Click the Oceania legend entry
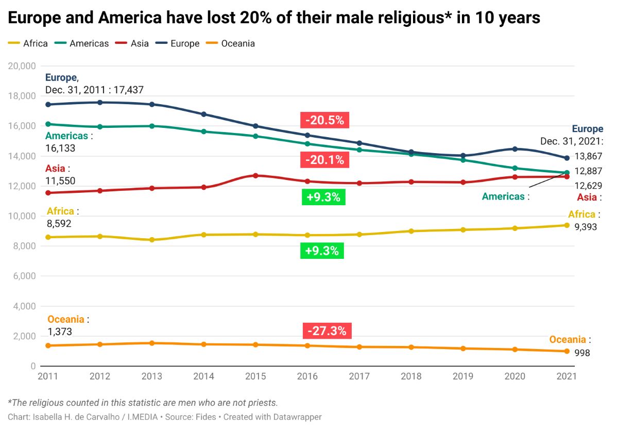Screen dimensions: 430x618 coord(237,43)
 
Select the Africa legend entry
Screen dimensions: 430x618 coord(35,43)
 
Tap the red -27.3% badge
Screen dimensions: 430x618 coord(327,330)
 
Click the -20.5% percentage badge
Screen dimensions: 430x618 coord(324,120)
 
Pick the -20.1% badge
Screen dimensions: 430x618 coord(324,160)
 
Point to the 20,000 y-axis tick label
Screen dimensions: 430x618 coord(22,66)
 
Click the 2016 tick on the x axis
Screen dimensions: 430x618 coord(307,376)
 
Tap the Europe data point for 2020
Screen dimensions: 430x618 coord(514,149)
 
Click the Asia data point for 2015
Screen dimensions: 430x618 coord(255,176)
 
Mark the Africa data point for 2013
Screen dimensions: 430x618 coord(152,240)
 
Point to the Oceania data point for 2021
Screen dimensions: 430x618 coord(566,351)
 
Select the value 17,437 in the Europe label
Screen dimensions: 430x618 coord(127,90)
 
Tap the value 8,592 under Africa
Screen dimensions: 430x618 coord(59,224)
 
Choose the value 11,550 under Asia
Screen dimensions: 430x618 coord(60,180)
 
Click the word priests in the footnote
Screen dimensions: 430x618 coord(263,402)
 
